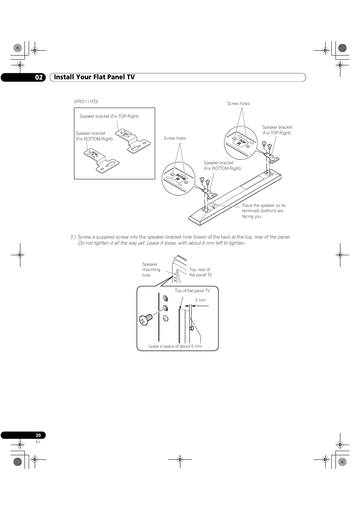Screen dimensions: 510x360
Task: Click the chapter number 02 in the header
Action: [39, 77]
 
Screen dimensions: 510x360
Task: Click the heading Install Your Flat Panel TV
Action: [94, 77]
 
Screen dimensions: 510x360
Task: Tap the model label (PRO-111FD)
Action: [86, 102]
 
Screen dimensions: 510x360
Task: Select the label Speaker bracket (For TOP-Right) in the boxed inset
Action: [109, 116]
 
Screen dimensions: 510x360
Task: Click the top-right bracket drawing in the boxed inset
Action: [133, 141]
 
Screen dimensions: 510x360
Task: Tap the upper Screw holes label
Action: [238, 103]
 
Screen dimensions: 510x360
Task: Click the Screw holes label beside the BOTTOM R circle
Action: [175, 138]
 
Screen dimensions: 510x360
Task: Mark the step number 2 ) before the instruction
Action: [73, 237]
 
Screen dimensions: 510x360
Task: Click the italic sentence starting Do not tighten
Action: [161, 243]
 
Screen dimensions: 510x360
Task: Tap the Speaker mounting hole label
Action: [151, 270]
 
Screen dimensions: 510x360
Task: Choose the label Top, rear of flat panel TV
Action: [200, 272]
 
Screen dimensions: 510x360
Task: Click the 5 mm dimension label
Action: [200, 300]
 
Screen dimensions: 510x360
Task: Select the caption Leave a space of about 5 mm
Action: [175, 346]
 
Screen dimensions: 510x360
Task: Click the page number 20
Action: [38, 435]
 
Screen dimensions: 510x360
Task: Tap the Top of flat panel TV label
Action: [192, 291]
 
